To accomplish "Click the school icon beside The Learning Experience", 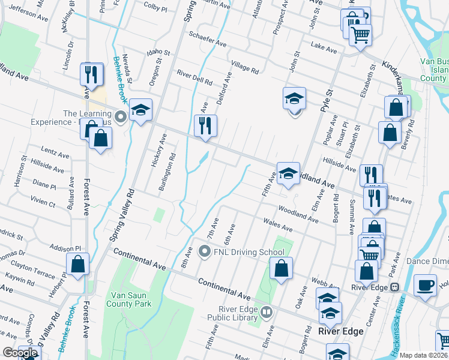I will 140,109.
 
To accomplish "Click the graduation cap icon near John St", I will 294,98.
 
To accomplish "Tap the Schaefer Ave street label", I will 208,39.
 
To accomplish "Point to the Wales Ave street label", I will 278,224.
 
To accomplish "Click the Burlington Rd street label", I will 167,173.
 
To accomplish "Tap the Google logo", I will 20,353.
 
